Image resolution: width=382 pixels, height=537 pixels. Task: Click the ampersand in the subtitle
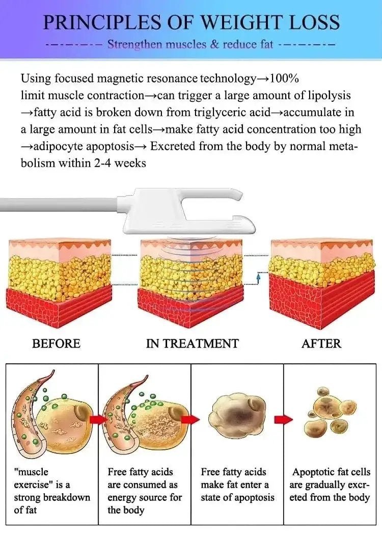point(215,44)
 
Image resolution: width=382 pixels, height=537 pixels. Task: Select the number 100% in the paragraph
point(284,78)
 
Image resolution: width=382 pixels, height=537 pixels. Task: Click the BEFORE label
point(56,343)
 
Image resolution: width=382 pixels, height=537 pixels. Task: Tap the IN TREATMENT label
point(193,343)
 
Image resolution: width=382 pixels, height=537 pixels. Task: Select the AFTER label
point(321,343)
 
